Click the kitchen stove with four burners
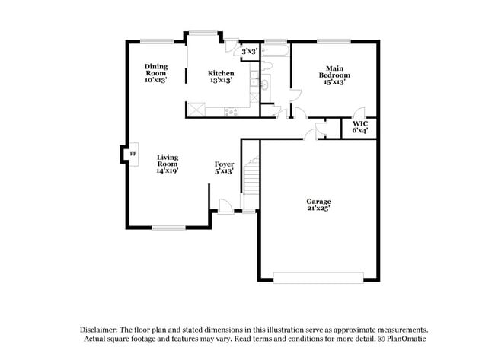pyautogui.click(x=231, y=112)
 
